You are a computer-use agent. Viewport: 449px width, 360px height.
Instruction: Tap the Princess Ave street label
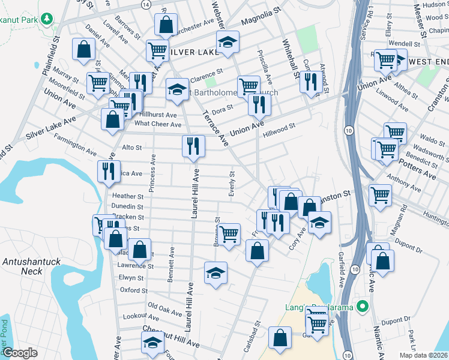152,173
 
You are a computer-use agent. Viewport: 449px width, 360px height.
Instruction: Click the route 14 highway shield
146,4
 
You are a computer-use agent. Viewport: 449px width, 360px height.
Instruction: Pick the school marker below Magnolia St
228,43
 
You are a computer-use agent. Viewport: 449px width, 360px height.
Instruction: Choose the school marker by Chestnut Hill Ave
152,344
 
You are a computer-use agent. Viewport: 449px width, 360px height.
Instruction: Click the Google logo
20,353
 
